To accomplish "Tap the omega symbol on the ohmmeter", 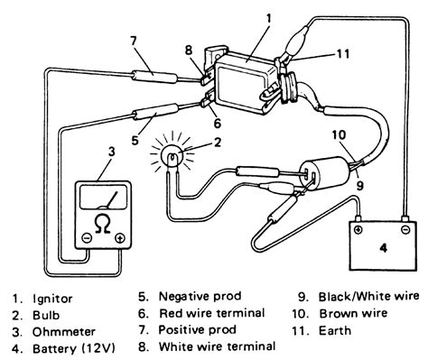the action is [x=102, y=226].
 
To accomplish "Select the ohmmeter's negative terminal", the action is [x=87, y=238].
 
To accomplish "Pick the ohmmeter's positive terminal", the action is [x=120, y=238].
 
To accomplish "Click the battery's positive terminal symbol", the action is [x=358, y=229].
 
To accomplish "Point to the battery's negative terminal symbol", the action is [x=405, y=230].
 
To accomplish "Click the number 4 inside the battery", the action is [x=383, y=248].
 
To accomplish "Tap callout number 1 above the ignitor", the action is [x=268, y=19].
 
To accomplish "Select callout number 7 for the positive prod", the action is [x=134, y=42].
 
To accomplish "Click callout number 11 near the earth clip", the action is [x=342, y=54].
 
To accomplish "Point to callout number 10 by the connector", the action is [x=339, y=135].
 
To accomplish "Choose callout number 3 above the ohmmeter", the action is [x=112, y=152].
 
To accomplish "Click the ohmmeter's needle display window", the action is [x=104, y=197].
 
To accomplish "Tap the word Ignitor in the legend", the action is [x=52, y=299].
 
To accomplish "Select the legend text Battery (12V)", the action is [x=73, y=348].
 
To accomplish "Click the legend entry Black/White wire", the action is [x=368, y=296].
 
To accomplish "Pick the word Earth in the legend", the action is [x=335, y=330].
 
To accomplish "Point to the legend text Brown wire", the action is [x=353, y=313].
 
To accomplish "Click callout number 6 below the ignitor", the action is [x=217, y=124].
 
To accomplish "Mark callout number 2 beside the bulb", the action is [x=218, y=142].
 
